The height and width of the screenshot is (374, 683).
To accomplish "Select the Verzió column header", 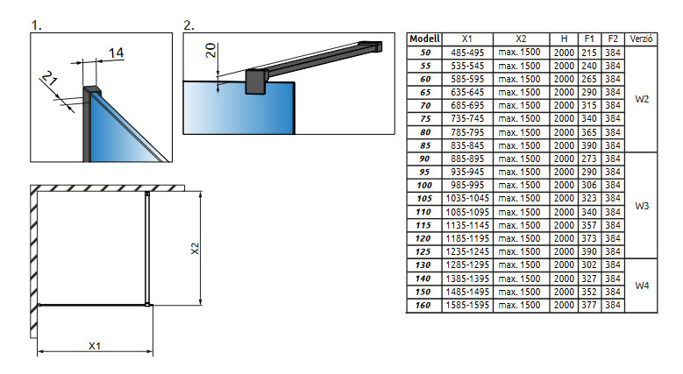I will coord(643,39).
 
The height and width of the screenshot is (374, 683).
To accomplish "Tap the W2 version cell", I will coord(643,99).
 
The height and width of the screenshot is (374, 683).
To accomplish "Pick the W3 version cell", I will coord(643,206).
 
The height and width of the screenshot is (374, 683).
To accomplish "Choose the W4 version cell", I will coord(643,286).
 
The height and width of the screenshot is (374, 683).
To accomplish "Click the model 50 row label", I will coord(425,53).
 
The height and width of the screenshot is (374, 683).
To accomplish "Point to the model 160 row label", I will coord(425,306).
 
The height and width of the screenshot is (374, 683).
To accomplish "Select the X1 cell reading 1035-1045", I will coord(467,199).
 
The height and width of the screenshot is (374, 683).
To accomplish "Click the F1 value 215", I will coord(588,53).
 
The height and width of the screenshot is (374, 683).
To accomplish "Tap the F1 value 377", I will coord(588,306).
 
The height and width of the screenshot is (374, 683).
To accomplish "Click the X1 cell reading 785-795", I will coord(467,132).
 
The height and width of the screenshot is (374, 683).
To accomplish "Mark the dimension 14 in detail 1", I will coord(116,54).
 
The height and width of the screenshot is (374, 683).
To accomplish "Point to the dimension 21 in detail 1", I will coord(50,85).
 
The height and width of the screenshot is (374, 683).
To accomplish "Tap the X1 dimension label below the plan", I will coord(95,345).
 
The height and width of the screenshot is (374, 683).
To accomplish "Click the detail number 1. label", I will coord(37,25).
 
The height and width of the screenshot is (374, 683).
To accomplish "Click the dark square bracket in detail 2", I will coord(257,81).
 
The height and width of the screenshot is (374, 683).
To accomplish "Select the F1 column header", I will coord(588,39).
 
